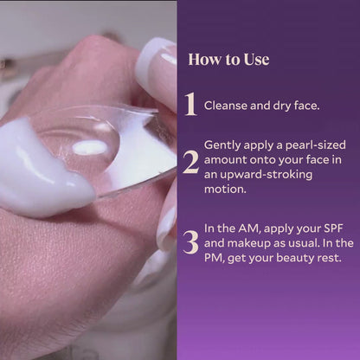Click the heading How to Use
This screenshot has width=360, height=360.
pyautogui.click(x=228, y=60)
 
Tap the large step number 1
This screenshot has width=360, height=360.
pyautogui.click(x=190, y=104)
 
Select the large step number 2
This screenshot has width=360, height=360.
pyautogui.click(x=190, y=161)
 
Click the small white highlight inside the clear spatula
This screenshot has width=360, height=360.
pyautogui.click(x=90, y=148)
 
